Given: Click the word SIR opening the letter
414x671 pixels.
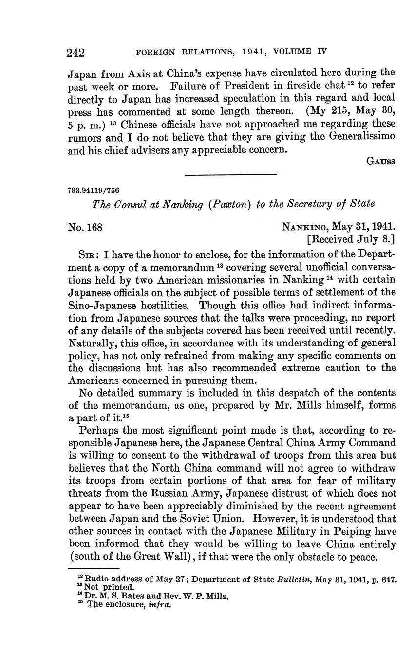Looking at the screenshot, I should pyautogui.click(x=88, y=254).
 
